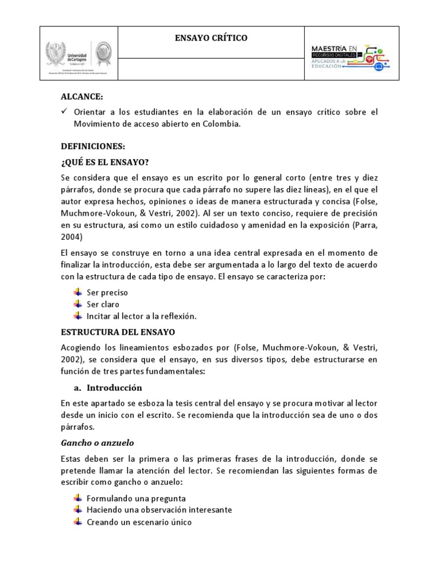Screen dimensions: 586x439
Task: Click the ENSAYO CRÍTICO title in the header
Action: tap(210, 38)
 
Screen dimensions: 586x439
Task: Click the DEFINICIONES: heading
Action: tap(93, 146)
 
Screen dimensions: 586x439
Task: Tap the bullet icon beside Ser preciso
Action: tap(78, 292)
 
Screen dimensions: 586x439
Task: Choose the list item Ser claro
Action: tap(103, 304)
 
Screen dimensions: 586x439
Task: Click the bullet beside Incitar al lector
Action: tap(78, 316)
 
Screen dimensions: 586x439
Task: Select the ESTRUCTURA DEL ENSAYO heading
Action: tap(118, 331)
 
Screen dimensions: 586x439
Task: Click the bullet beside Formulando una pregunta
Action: tap(78, 498)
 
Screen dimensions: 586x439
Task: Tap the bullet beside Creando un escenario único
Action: tap(78, 521)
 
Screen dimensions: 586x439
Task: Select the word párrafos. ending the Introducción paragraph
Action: tap(77, 426)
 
